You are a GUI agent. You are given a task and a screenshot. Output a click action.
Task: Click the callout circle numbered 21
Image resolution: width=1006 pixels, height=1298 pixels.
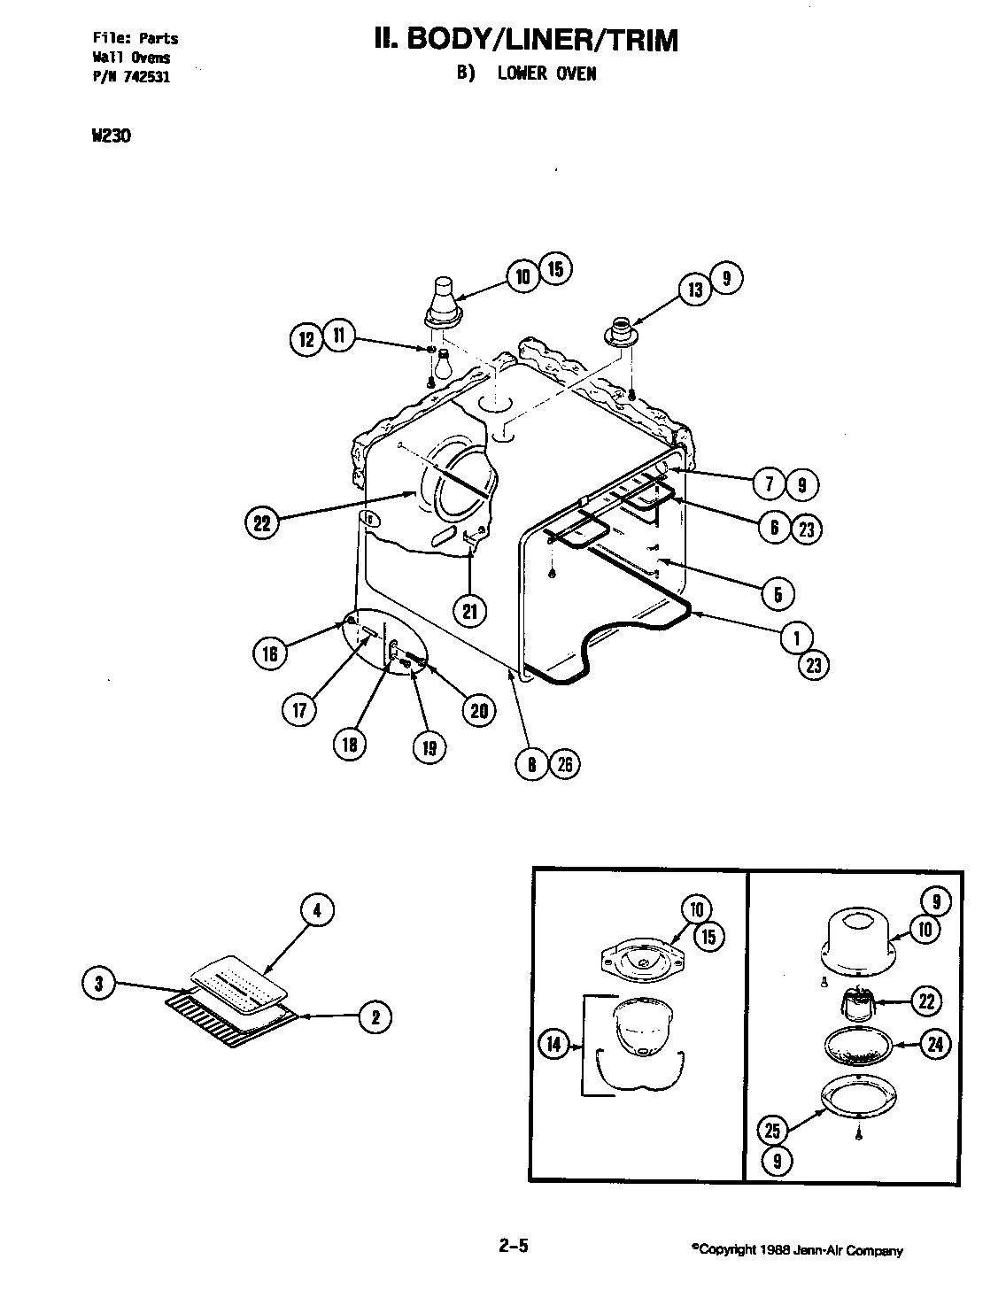coord(469,611)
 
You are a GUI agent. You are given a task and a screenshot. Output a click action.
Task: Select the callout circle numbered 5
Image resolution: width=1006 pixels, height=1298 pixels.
coord(778,592)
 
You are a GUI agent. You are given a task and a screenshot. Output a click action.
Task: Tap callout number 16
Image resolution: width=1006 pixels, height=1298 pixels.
coord(270,653)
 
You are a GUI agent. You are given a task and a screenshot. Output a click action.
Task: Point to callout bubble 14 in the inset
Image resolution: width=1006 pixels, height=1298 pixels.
coord(553,1045)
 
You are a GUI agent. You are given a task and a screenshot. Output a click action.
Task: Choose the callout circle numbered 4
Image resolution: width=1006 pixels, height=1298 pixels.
coord(317,909)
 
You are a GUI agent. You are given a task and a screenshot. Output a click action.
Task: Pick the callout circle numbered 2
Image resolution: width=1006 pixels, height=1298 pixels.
coord(375,1017)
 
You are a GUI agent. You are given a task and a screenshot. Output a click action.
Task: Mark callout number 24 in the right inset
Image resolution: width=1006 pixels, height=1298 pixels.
coord(933,1045)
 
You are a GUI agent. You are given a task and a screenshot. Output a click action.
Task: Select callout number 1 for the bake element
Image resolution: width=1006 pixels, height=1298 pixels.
coord(797,635)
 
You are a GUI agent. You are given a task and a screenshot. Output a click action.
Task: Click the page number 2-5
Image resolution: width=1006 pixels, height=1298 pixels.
coord(514,1247)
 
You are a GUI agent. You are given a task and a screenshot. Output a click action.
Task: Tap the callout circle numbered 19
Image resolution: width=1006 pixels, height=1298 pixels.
coord(429,748)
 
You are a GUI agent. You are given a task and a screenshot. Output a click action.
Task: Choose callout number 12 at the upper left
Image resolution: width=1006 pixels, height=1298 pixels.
coord(306,340)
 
